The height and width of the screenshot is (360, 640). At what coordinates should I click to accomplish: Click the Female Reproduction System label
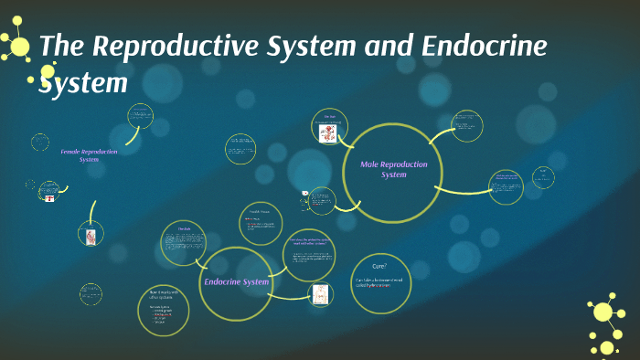pos(89,155)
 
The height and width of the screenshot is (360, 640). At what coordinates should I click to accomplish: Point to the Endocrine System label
pos(236,281)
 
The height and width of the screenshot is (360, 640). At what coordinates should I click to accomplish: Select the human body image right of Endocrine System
pos(320,294)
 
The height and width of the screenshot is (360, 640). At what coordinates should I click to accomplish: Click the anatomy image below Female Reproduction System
pos(91,236)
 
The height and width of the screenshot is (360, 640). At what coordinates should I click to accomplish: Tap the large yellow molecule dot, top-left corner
pos(19,46)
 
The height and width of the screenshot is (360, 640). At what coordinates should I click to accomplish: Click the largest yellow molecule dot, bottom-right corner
pos(603,312)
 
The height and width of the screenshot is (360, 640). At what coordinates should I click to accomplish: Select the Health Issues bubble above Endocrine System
pos(261,223)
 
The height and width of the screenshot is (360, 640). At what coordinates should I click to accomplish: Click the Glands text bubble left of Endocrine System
pos(184,243)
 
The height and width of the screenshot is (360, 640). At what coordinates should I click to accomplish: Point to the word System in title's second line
pos(82,84)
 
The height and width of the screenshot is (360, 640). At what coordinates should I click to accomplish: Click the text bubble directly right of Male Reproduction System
pos(506,186)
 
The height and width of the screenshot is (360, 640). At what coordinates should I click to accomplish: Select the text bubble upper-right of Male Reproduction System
pos(467,126)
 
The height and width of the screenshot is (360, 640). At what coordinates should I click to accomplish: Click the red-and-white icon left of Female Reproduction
pos(49,197)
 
